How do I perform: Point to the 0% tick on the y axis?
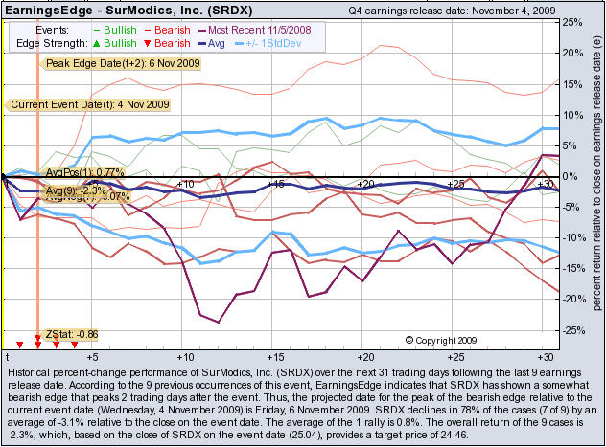pos(573,176)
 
